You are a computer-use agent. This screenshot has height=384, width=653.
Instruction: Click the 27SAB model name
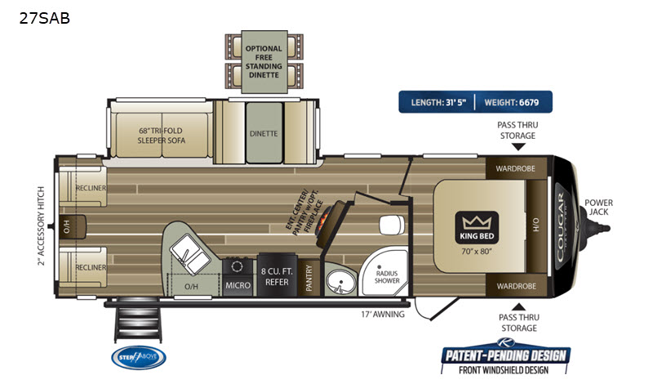point(46,18)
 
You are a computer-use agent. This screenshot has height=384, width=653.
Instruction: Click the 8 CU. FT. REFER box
point(273,275)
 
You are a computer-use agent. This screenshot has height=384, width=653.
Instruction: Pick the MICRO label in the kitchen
point(238,284)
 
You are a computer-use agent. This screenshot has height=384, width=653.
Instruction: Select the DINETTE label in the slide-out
point(264,133)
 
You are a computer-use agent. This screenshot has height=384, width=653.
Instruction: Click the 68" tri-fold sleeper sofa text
point(162,135)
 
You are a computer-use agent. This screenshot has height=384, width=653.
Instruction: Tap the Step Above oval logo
point(138,357)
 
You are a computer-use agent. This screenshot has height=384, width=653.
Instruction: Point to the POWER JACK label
point(598,208)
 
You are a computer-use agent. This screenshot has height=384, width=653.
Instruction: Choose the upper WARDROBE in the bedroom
point(510,170)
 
